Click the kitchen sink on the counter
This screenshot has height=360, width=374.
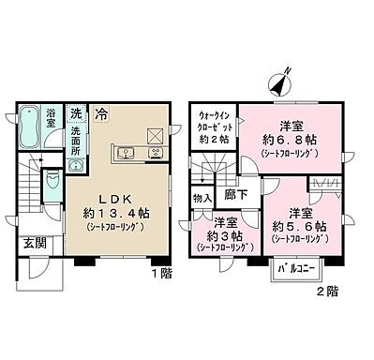click(x=127, y=154)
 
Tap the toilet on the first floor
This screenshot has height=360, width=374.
click(x=52, y=180)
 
